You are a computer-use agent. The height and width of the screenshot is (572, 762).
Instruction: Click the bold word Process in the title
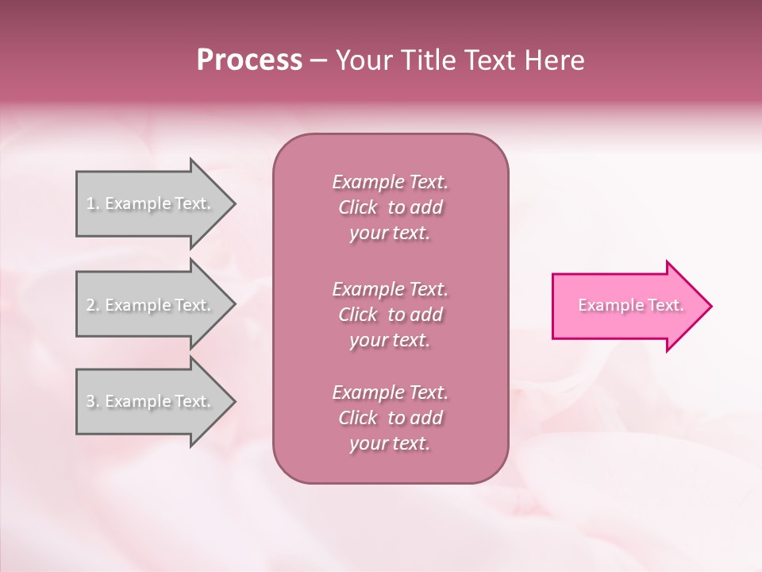click(x=249, y=60)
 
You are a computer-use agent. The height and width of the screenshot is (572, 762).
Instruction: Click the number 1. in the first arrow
click(x=92, y=203)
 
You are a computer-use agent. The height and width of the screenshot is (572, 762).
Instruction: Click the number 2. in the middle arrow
click(x=92, y=305)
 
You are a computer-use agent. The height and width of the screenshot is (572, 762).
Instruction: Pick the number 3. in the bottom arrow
click(x=92, y=401)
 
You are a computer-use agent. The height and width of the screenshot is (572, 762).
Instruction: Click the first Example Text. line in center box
click(x=390, y=182)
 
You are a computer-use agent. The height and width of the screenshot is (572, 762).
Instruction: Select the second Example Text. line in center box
click(x=390, y=288)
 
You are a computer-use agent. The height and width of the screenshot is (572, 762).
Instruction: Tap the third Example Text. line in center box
click(x=390, y=392)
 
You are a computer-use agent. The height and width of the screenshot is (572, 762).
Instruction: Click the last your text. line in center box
click(x=390, y=443)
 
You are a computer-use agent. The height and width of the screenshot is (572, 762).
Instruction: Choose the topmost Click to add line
click(x=390, y=207)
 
